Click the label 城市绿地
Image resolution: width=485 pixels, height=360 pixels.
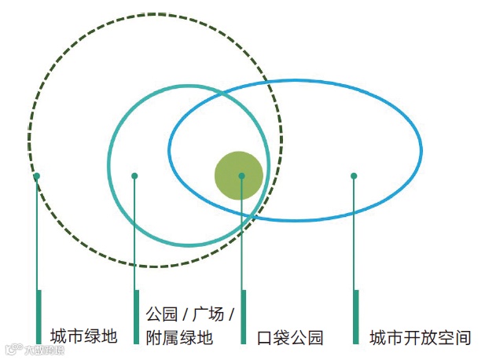(83, 336)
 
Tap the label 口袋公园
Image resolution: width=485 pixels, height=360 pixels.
(290, 338)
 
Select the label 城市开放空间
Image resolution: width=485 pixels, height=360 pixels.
(421, 338)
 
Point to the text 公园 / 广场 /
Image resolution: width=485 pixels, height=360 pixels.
(190, 314)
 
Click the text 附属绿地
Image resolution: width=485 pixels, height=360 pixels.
(179, 338)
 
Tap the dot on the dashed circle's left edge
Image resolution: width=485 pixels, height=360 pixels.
(36, 176)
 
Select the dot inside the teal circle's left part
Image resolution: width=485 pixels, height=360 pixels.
(134, 176)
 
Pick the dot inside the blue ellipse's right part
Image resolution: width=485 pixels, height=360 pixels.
(354, 176)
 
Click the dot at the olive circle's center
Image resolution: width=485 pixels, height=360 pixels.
(241, 176)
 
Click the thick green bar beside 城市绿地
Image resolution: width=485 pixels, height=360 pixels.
(39, 317)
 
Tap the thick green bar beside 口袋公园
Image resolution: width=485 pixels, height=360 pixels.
(244, 317)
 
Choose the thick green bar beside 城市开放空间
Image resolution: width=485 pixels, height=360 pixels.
(356, 317)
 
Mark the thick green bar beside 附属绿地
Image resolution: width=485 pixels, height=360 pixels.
(137, 317)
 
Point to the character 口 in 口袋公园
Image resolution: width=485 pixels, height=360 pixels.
(266, 338)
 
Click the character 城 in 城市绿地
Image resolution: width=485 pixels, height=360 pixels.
(58, 336)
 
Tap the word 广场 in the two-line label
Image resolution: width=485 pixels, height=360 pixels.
(208, 314)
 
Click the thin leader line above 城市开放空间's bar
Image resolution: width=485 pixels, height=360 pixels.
(355, 236)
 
